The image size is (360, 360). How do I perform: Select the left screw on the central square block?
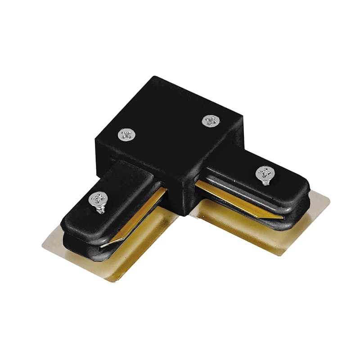click(x=126, y=134)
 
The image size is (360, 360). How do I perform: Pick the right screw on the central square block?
click(x=210, y=120)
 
